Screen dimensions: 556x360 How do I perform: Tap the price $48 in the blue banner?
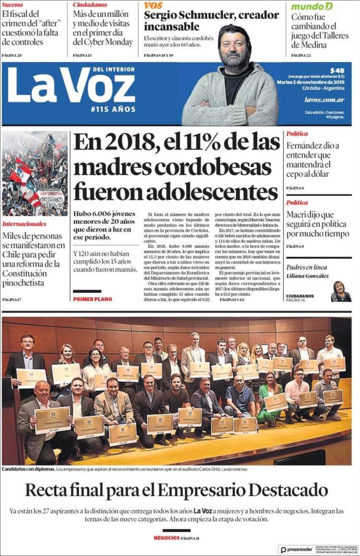pos(337,70)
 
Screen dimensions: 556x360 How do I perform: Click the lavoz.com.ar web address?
pos(324,100)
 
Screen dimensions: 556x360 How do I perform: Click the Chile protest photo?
pos(35,174)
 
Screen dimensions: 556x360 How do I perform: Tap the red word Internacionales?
pos(24,224)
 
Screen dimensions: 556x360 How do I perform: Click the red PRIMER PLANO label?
pos(92,299)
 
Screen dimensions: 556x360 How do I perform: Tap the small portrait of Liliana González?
pos(341,291)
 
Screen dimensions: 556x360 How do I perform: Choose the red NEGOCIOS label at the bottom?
pos(166,537)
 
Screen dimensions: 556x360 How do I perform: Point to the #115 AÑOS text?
pos(113,109)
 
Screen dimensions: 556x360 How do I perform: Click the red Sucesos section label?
pos(12,5)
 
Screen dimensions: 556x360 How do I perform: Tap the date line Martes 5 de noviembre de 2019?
pos(310,82)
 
